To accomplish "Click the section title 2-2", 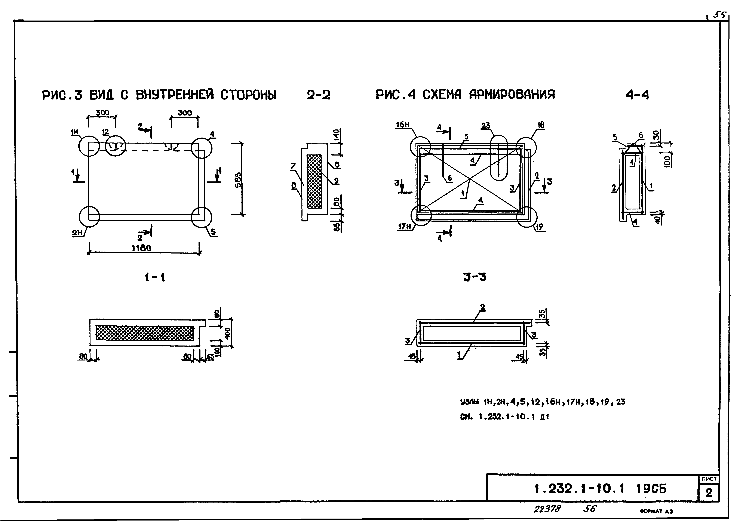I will [x=319, y=95].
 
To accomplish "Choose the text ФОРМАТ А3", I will [x=656, y=511].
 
